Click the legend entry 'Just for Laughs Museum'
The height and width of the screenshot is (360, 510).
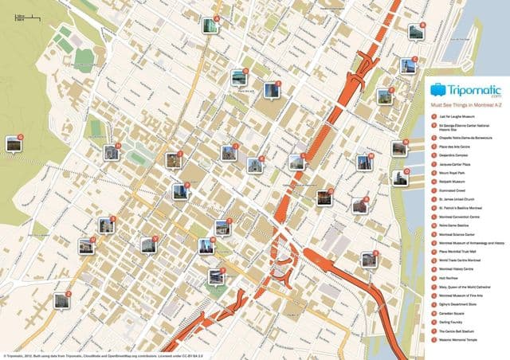pyautogui.click(x=453, y=117)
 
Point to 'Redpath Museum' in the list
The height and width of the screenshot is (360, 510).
pyautogui.click(x=449, y=178)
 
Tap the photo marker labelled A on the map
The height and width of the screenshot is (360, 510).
pyautogui.click(x=210, y=25)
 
